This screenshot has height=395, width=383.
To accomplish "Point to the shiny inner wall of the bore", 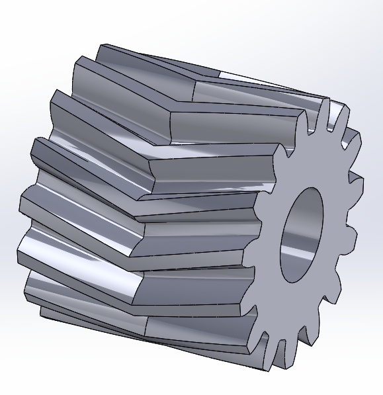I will [x=291, y=245].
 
